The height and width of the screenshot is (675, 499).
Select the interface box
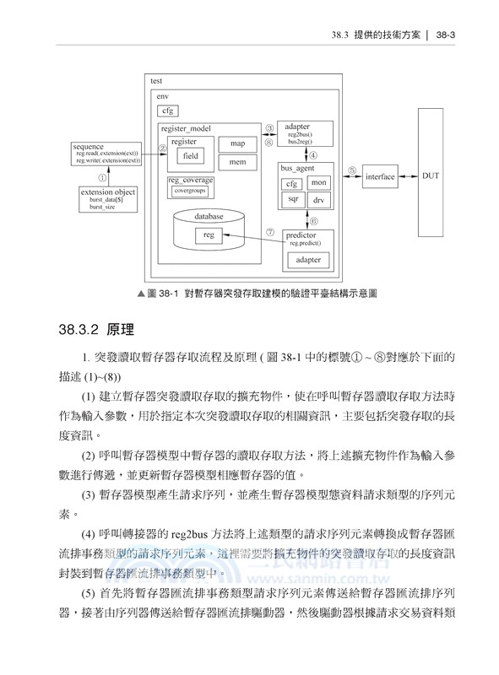[x=380, y=177]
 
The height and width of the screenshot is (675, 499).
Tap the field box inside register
[x=191, y=156]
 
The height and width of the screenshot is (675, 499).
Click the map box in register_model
[x=237, y=143]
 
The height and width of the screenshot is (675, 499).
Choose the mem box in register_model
[x=237, y=162]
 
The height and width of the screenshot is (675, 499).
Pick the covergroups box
[x=191, y=191]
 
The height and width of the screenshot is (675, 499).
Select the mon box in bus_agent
[x=318, y=183]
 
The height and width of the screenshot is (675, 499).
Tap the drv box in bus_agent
[x=318, y=201]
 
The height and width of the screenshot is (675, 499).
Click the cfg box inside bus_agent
[x=291, y=183]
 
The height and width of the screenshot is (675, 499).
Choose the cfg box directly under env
[x=168, y=111]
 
